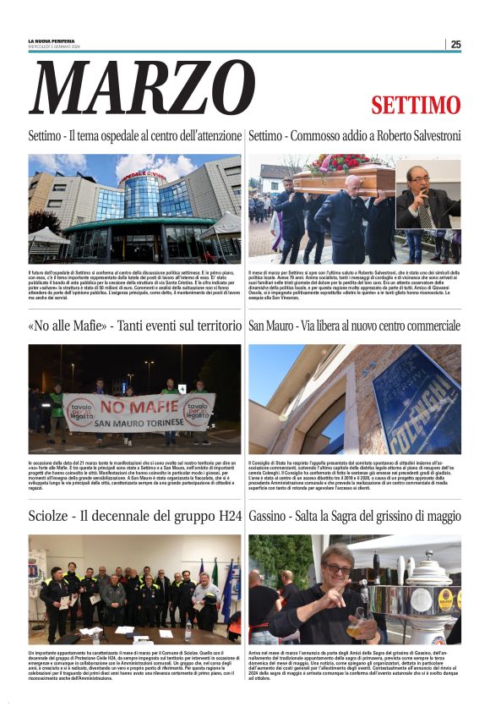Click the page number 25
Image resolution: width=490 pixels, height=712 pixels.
[455, 44]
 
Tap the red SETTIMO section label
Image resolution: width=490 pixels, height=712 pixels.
[416, 106]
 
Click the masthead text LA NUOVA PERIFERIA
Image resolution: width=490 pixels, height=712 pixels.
[52, 41]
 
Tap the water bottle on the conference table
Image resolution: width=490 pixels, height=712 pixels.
[188, 631]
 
